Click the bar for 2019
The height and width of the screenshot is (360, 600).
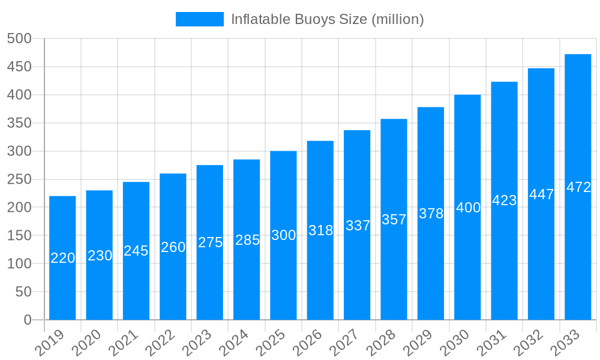[x=62, y=258]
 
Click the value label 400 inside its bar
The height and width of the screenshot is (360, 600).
[x=468, y=208]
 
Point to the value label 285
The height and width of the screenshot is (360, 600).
[x=247, y=240]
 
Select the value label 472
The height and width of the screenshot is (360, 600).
[x=578, y=187]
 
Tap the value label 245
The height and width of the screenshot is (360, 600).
[x=136, y=251]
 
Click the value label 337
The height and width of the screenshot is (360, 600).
[x=358, y=226]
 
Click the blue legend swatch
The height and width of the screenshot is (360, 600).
[x=199, y=19]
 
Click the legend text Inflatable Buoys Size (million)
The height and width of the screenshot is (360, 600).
[x=327, y=19]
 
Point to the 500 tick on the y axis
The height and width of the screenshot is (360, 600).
[x=19, y=38]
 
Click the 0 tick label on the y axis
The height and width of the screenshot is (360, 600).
[x=28, y=320]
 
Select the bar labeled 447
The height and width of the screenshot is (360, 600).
[x=541, y=194]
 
